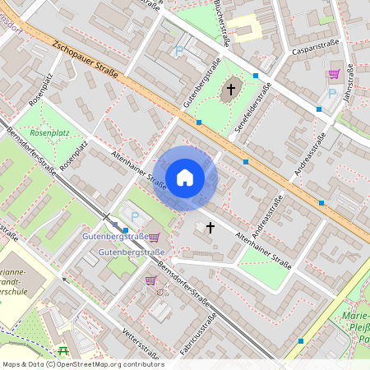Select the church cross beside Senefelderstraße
231,88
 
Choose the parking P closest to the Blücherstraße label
179,51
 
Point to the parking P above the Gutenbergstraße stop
135,217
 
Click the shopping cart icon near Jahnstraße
334,74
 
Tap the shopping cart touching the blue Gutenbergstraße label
154,238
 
